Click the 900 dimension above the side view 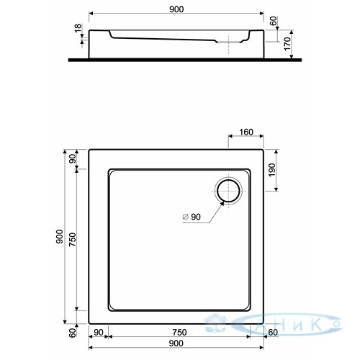(176, 9)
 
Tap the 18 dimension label (78, 28)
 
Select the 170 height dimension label (287, 44)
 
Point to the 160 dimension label (246, 132)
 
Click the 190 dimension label (271, 170)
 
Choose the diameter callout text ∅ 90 (192, 217)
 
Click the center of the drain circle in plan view (228, 191)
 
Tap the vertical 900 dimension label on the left (59, 236)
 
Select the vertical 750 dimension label (72, 239)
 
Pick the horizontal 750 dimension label (179, 333)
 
